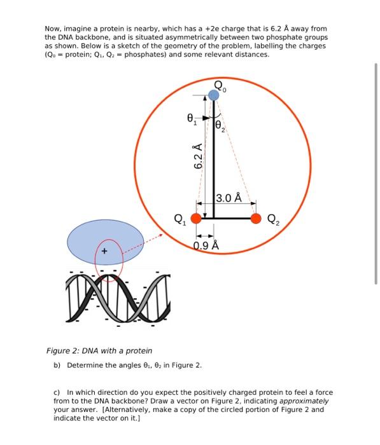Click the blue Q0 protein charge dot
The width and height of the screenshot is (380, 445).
point(213,95)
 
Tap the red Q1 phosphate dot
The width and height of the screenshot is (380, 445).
point(196,219)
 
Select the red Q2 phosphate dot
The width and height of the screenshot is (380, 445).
point(256,219)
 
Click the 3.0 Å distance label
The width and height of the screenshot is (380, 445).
point(229,198)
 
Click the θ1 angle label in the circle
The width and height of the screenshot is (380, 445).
point(190,118)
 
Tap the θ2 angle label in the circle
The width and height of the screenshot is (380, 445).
point(220,127)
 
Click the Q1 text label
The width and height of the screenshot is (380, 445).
point(179,221)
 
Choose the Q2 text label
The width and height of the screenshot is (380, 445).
point(272,221)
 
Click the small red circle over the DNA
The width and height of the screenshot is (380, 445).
point(109,259)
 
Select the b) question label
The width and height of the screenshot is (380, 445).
point(57,366)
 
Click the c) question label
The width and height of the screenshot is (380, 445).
point(57,393)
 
